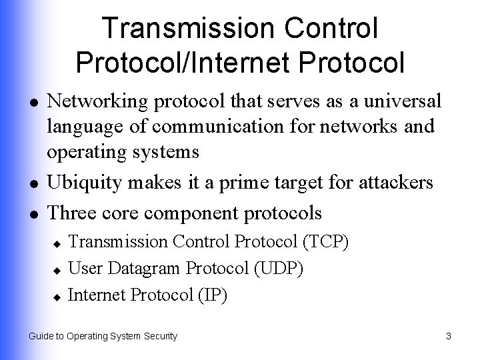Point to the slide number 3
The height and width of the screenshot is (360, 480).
(x=449, y=337)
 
